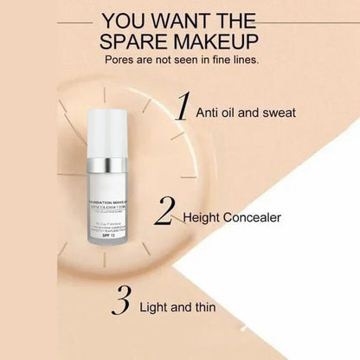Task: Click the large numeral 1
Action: [183, 106]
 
